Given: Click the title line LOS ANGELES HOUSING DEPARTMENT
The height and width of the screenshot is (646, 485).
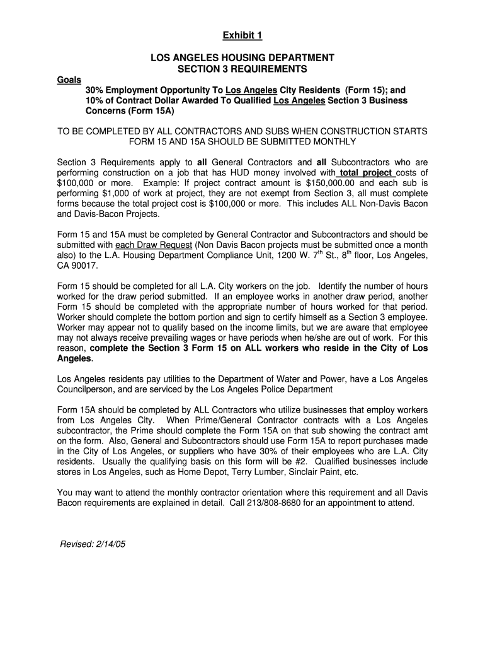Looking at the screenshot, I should tap(242, 58).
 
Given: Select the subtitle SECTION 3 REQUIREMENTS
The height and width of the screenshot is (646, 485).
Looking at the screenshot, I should tap(242, 68).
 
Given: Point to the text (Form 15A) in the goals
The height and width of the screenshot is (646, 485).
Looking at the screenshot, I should tap(111, 110).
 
